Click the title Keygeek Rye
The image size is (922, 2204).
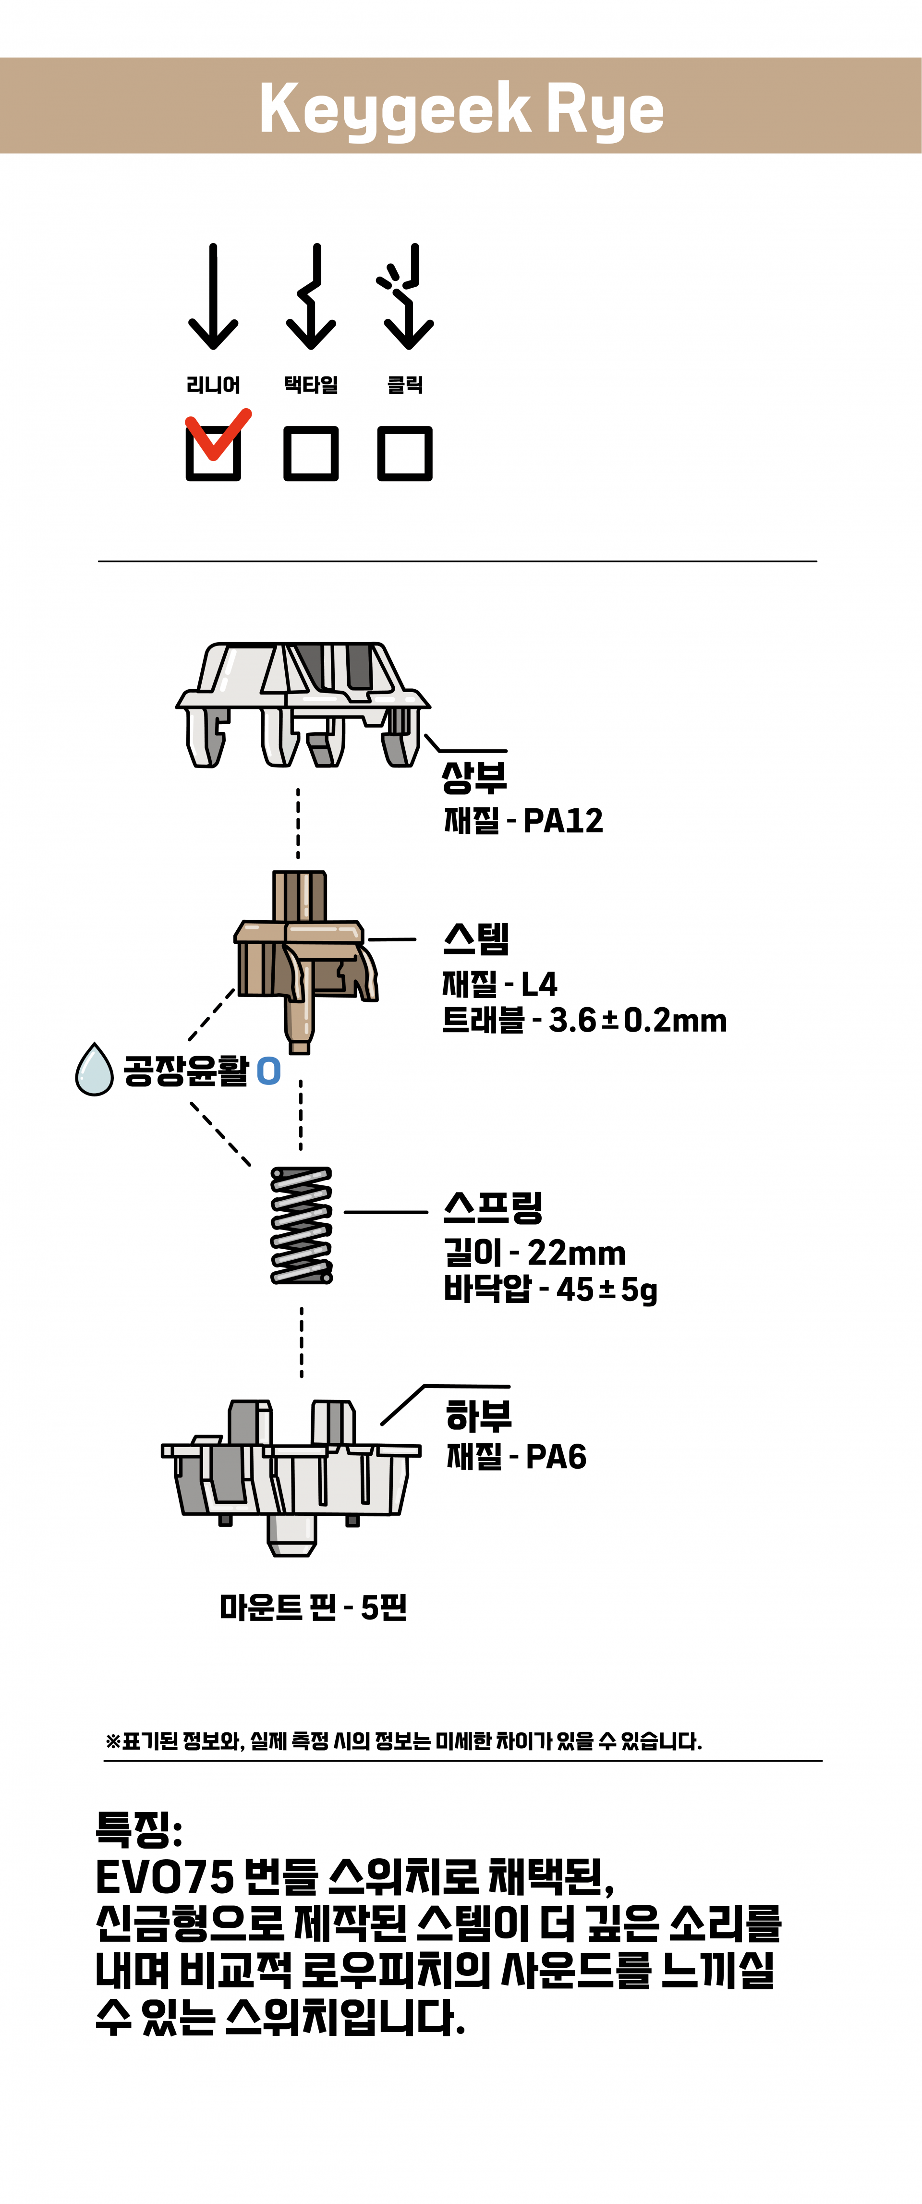[x=461, y=109]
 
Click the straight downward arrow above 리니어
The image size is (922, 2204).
[x=213, y=297]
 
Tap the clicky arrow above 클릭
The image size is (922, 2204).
[x=405, y=297]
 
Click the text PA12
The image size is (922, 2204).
[x=563, y=820]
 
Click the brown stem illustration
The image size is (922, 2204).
[x=306, y=962]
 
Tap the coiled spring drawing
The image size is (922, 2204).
[x=301, y=1225]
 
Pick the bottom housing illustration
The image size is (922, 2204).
[x=291, y=1478]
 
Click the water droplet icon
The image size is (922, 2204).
[x=94, y=1070]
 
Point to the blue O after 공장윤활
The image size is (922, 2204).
[x=268, y=1071]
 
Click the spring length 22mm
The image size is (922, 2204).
[x=576, y=1254]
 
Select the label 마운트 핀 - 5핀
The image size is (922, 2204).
[x=313, y=1607]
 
